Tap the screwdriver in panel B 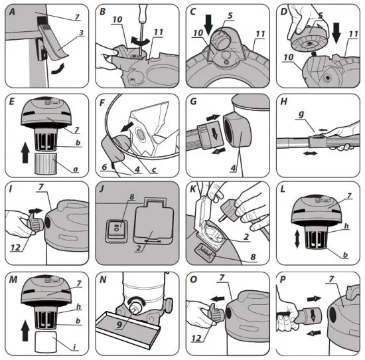(145, 20)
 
